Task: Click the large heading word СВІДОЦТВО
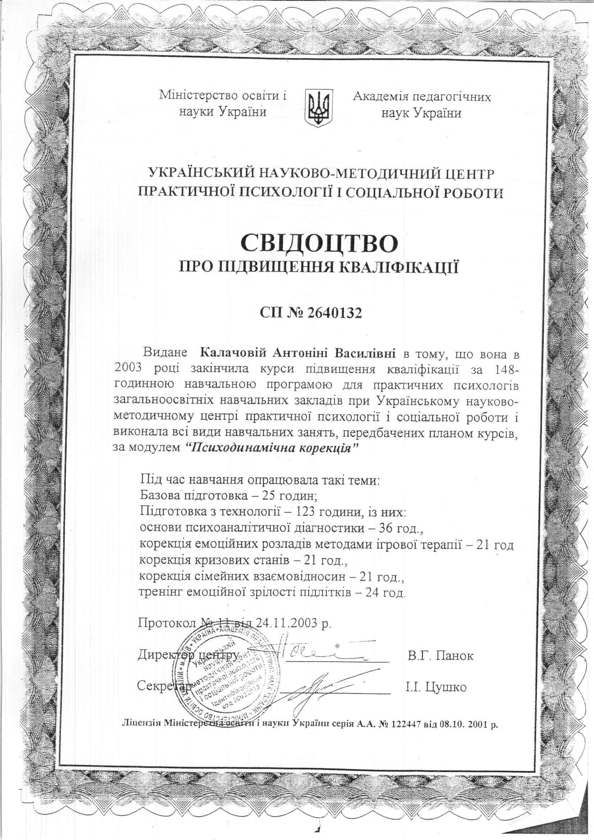coord(319,243)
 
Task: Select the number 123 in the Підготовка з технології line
coord(310,512)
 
